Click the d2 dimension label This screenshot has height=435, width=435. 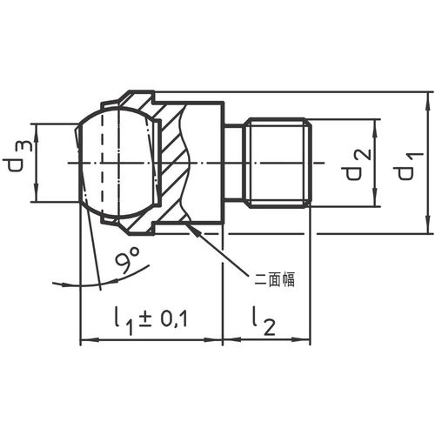(358, 164)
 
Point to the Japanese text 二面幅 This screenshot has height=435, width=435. (274, 280)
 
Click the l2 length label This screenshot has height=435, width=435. (264, 321)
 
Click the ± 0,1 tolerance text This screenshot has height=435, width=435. (164, 318)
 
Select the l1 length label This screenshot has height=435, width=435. (124, 321)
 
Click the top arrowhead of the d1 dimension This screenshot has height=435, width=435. (428, 101)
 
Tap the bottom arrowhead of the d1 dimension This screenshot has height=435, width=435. (428, 224)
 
